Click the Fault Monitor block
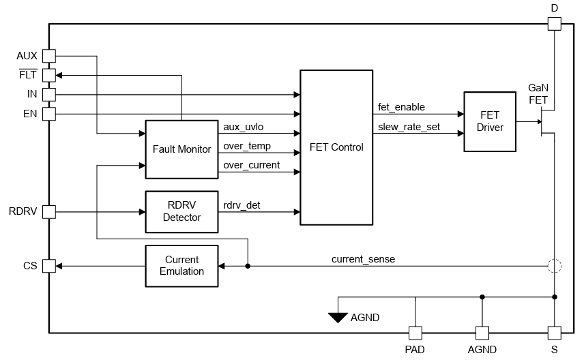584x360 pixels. point(181,149)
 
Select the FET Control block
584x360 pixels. point(336,147)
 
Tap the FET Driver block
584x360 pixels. point(489,121)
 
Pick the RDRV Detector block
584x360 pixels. point(181,211)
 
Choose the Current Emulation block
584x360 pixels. point(181,265)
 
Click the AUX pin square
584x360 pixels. point(49,56)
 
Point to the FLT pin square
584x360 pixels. point(49,75)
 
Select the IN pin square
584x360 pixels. point(49,94)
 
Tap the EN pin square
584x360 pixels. point(49,113)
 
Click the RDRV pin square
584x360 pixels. point(49,211)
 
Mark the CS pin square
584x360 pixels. point(49,266)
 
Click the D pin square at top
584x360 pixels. point(554,24)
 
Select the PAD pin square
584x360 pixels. point(415,333)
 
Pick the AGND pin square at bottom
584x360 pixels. point(482,333)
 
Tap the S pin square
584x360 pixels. point(554,333)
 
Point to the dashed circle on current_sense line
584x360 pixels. point(554,266)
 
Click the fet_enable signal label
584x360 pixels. point(401,107)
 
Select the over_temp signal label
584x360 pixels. point(247,146)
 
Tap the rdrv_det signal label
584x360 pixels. point(242,205)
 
